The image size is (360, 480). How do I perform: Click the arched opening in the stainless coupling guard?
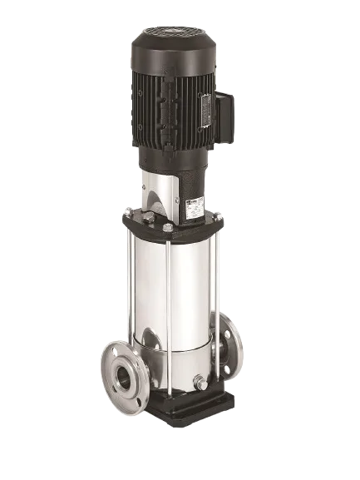click(155, 198)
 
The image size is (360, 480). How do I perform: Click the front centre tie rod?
click(170, 316)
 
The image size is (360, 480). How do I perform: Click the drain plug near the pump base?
click(199, 384)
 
